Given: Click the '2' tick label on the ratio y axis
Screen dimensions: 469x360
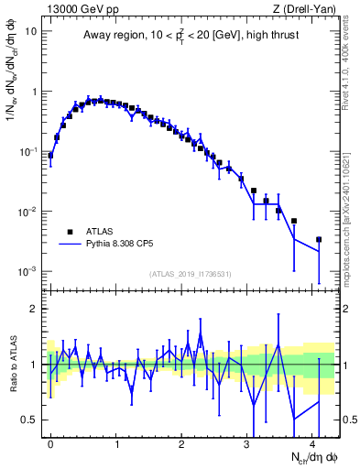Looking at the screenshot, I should (x=35, y=309).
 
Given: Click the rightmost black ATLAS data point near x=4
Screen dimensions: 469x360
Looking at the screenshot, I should (x=318, y=240).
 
